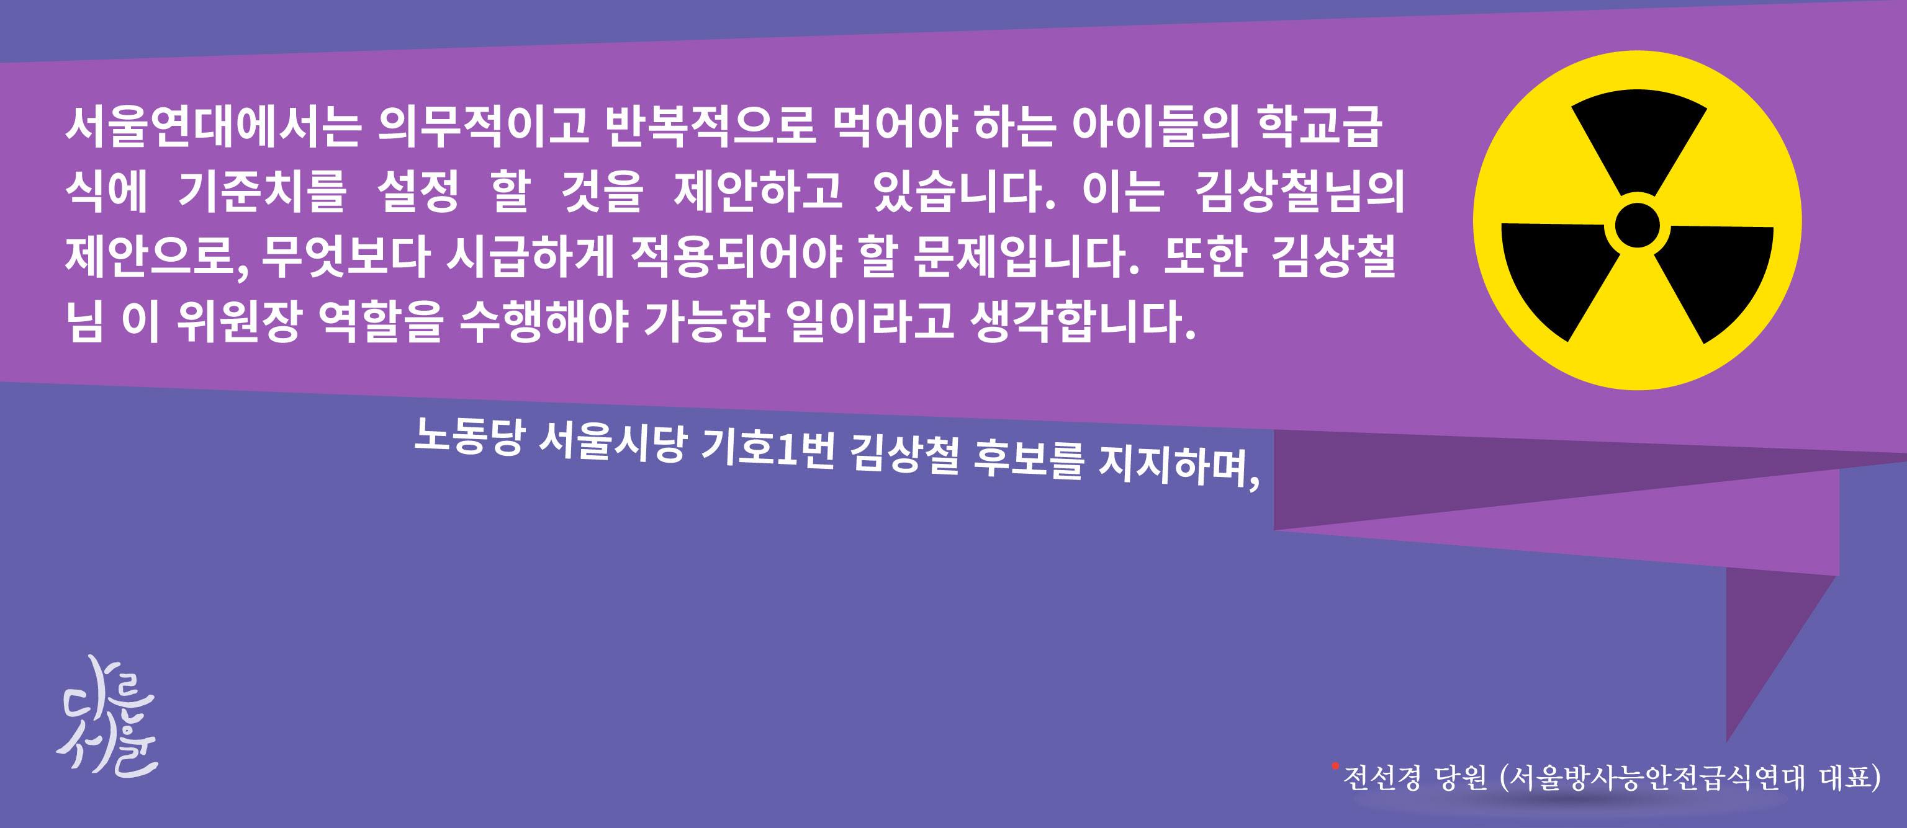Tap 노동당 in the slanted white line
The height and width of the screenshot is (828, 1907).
[468, 436]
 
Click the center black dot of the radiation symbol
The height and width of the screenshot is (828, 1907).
[1637, 224]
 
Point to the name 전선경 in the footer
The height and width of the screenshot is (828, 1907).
[1381, 778]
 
